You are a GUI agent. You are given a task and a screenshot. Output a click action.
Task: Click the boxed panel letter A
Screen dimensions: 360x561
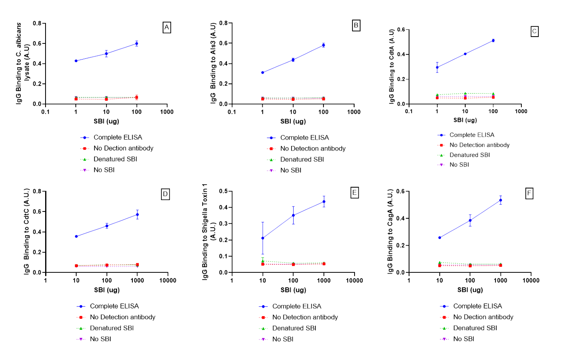click(167, 28)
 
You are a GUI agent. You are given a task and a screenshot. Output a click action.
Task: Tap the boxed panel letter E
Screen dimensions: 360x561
click(355, 193)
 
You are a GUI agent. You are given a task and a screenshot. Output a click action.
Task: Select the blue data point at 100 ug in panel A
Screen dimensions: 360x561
click(137, 43)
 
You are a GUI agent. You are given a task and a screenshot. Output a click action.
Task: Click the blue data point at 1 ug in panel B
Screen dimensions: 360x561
click(263, 72)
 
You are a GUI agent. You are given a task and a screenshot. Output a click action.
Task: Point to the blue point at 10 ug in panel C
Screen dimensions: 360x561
click(465, 54)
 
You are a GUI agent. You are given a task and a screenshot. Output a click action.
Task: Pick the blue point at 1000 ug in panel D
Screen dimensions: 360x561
click(137, 214)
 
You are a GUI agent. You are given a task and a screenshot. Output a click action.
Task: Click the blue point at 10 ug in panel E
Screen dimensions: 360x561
click(263, 238)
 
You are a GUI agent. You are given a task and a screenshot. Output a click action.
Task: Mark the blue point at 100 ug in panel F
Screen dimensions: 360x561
click(470, 220)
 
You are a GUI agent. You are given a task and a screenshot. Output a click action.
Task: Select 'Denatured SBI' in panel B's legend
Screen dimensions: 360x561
click(302, 160)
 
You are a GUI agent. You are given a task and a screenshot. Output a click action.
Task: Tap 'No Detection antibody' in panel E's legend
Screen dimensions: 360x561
click(305, 317)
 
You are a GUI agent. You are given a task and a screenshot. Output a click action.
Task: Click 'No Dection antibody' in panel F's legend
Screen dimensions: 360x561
click(483, 317)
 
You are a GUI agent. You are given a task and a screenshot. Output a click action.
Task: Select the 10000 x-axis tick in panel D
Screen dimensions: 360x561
click(167, 281)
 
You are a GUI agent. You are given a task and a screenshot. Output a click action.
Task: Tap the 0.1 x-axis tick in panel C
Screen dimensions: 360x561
click(409, 111)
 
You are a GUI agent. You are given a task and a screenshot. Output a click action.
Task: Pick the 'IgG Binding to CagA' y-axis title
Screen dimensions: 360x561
click(390, 232)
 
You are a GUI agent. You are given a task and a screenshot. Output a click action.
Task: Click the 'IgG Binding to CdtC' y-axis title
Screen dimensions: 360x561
click(26, 232)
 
